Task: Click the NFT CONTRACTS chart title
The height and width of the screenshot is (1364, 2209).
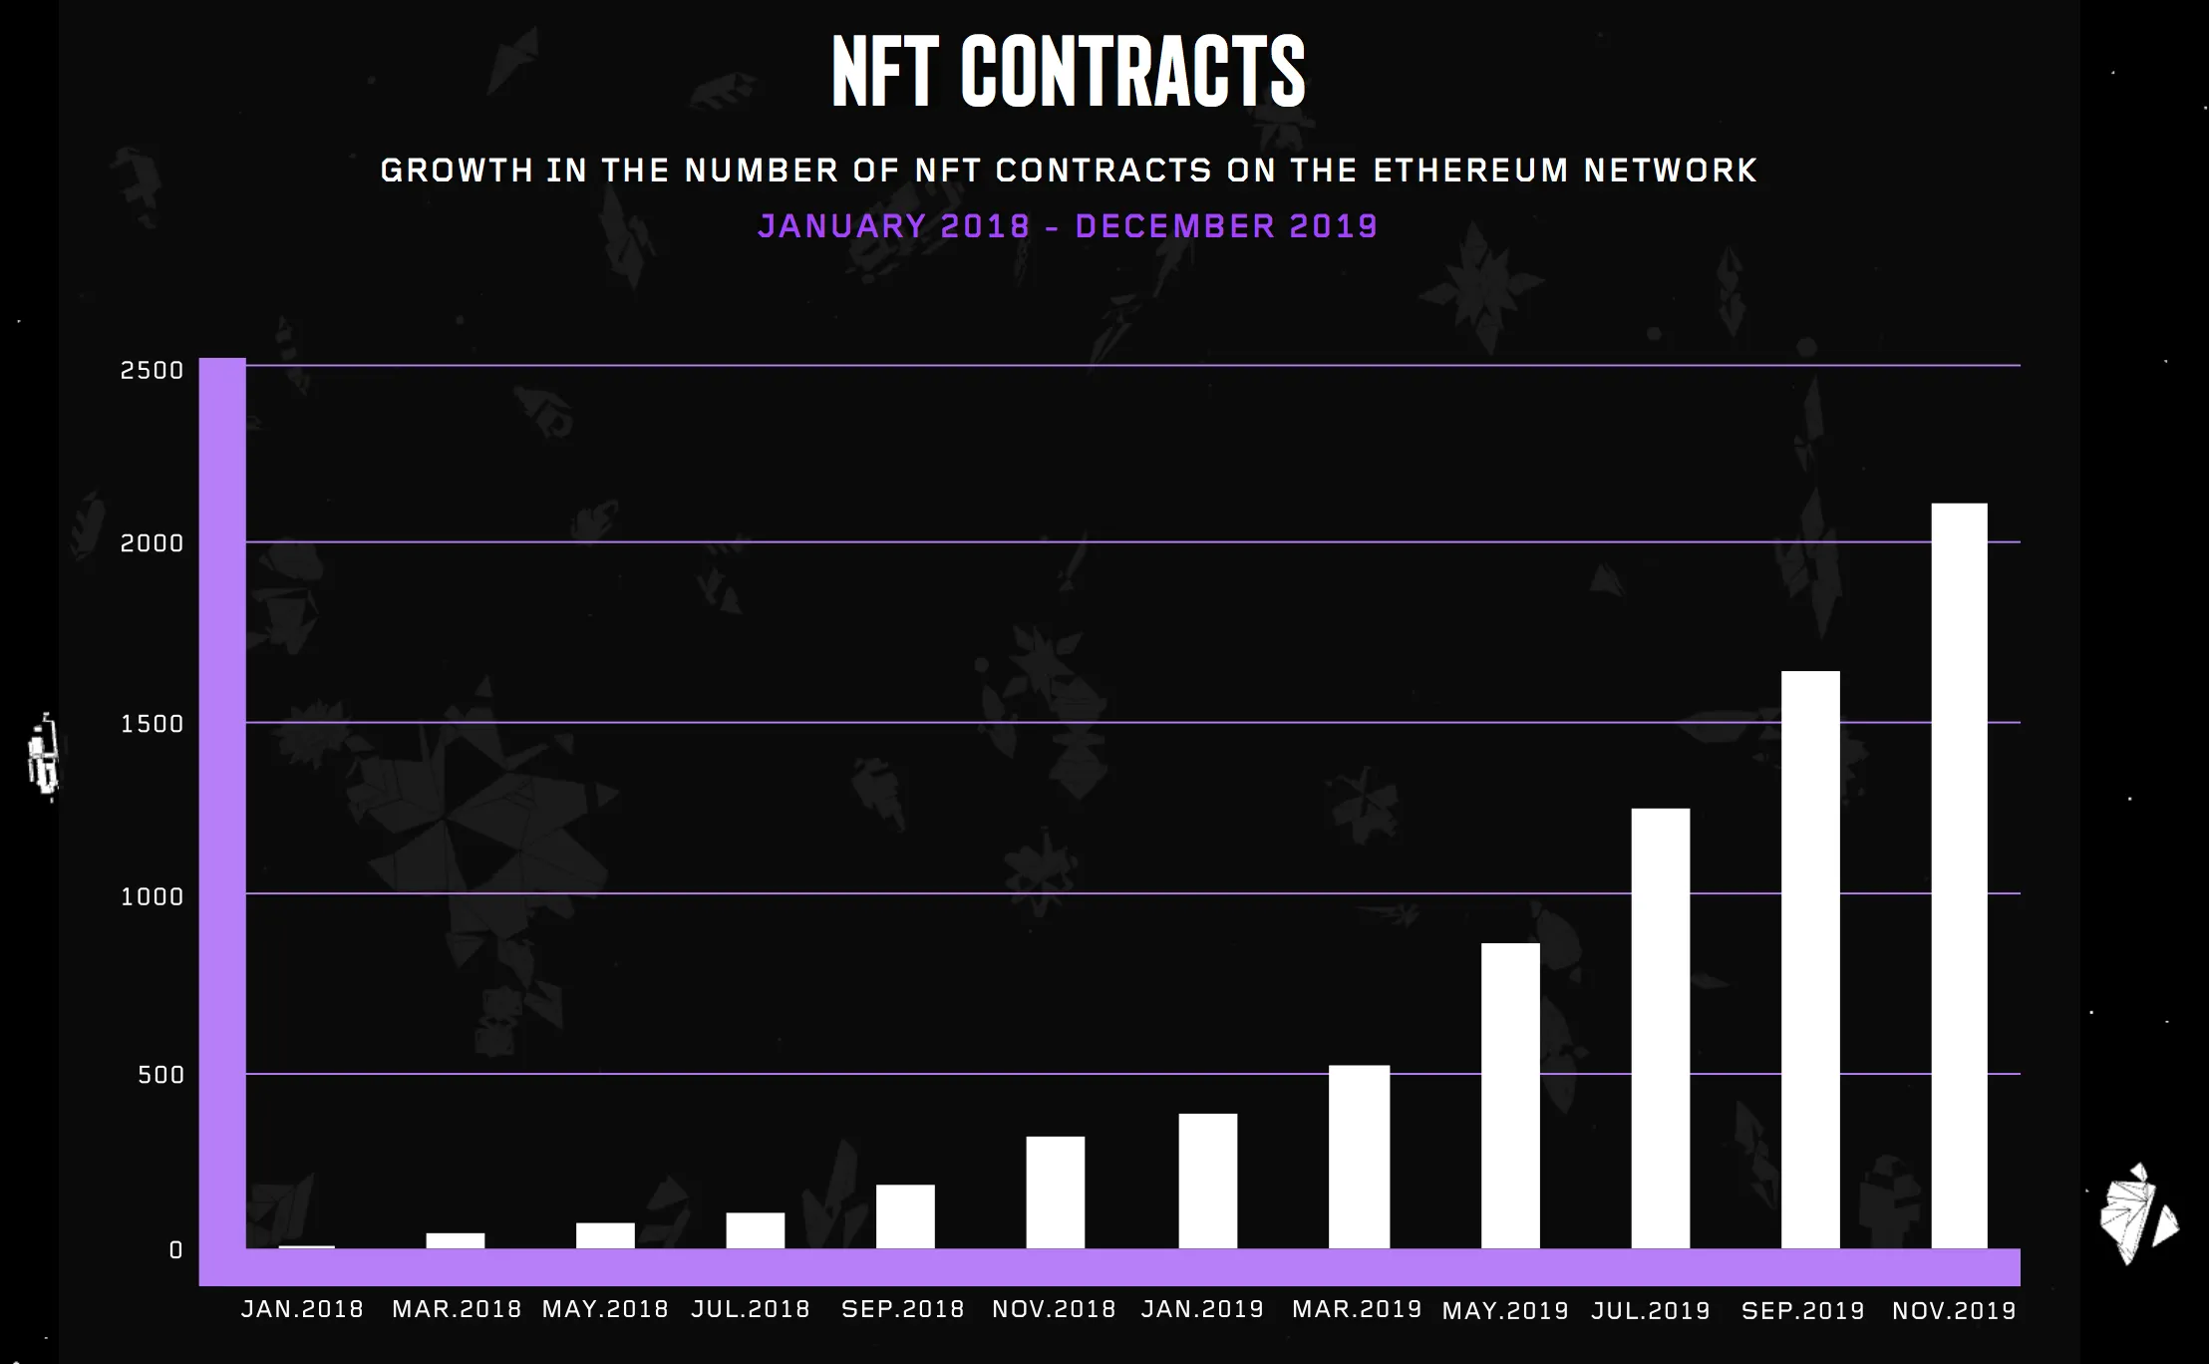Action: pyautogui.click(x=1068, y=72)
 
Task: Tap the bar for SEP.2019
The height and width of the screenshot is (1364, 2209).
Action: pyautogui.click(x=1810, y=959)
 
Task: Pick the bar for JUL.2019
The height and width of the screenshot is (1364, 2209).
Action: pyautogui.click(x=1660, y=1028)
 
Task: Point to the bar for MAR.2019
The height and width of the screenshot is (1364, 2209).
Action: pyautogui.click(x=1359, y=1157)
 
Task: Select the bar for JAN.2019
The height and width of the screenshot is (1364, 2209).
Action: pyautogui.click(x=1207, y=1181)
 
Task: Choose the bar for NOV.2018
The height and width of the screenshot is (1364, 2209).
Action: pyautogui.click(x=1056, y=1192)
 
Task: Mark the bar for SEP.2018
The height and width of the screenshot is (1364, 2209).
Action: pyautogui.click(x=905, y=1215)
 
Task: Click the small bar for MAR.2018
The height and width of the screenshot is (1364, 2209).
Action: pyautogui.click(x=456, y=1240)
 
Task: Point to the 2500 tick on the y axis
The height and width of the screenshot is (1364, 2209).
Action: pyautogui.click(x=153, y=371)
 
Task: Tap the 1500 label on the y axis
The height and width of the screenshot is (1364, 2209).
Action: pyautogui.click(x=153, y=724)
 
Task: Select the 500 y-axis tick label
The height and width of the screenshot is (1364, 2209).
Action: pyautogui.click(x=161, y=1075)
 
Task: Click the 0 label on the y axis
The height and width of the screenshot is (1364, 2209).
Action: pyautogui.click(x=176, y=1250)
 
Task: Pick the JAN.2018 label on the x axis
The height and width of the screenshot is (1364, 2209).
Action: pyautogui.click(x=302, y=1309)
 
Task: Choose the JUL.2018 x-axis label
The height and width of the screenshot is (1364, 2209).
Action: pyautogui.click(x=751, y=1309)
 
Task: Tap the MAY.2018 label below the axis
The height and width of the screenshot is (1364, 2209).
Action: pyautogui.click(x=605, y=1309)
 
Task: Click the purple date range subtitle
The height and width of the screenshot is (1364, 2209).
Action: pyautogui.click(x=1068, y=226)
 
